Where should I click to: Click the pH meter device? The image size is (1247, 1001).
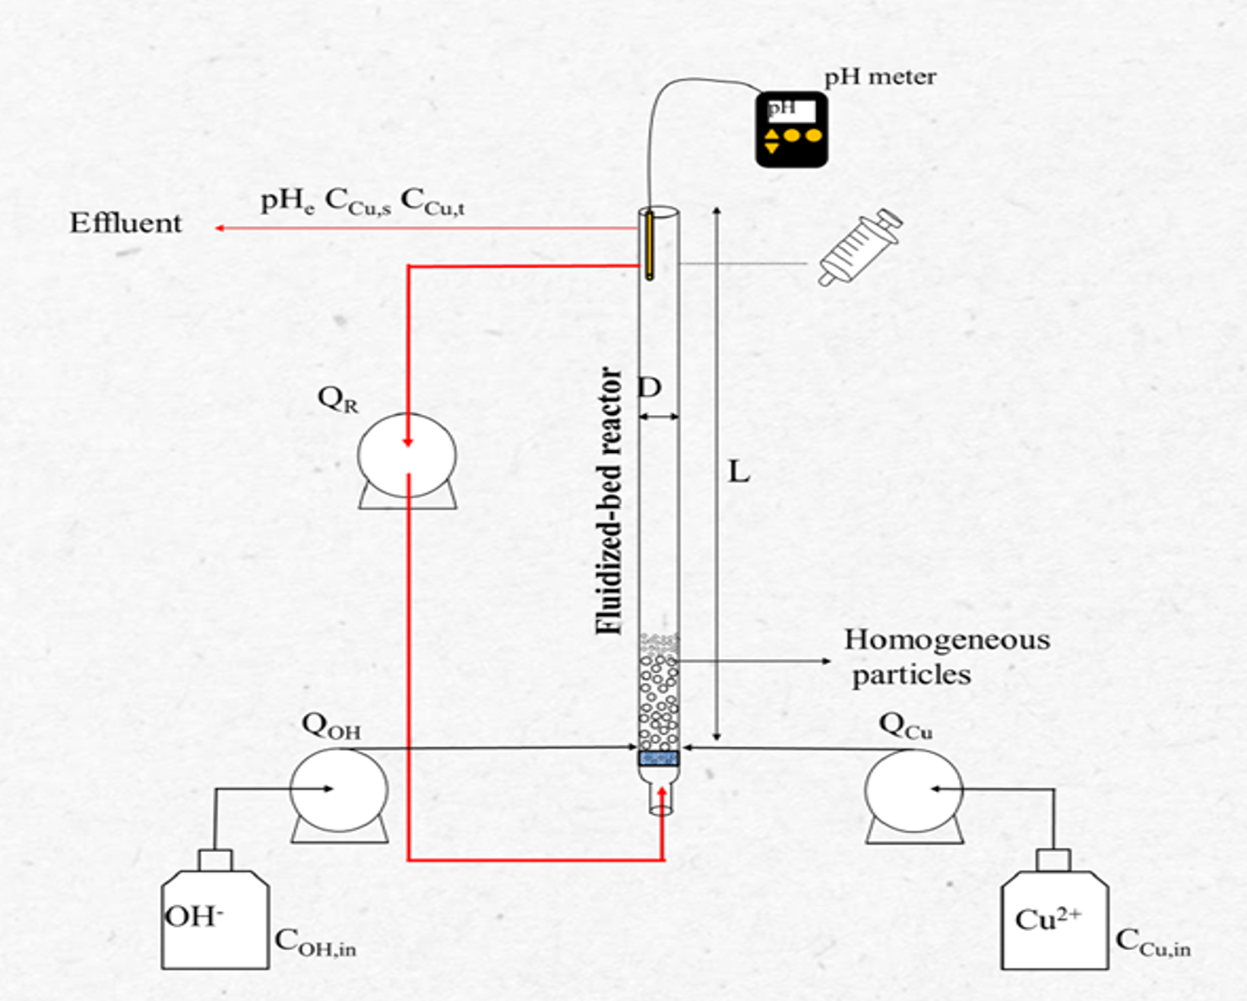pyautogui.click(x=792, y=129)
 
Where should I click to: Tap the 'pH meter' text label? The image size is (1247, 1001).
pyautogui.click(x=880, y=77)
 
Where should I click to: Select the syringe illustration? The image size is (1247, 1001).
pyautogui.click(x=860, y=247)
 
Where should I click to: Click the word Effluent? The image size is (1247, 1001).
pyautogui.click(x=125, y=223)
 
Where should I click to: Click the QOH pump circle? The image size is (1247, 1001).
pyautogui.click(x=339, y=790)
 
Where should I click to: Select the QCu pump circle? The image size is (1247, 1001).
pyautogui.click(x=914, y=790)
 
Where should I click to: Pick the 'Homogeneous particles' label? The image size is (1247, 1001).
pyautogui.click(x=947, y=657)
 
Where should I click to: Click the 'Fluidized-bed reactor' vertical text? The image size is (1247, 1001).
pyautogui.click(x=609, y=501)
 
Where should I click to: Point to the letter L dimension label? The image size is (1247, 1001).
pyautogui.click(x=739, y=472)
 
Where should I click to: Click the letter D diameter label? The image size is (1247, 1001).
pyautogui.click(x=650, y=387)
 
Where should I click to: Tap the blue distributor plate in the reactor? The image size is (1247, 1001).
pyautogui.click(x=659, y=758)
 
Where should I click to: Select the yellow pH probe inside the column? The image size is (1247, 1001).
pyautogui.click(x=650, y=245)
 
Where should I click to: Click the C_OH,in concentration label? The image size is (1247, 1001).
pyautogui.click(x=315, y=942)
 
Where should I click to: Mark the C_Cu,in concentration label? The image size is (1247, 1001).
pyautogui.click(x=1153, y=942)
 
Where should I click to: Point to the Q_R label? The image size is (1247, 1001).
pyautogui.click(x=338, y=399)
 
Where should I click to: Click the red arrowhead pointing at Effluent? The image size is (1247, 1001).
pyautogui.click(x=220, y=228)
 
